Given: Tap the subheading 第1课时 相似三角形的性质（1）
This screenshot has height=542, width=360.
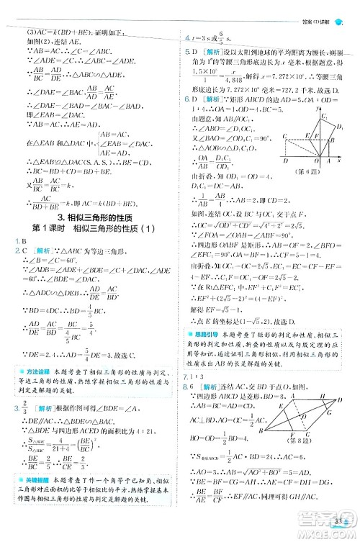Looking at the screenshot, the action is pyautogui.click(x=91, y=231).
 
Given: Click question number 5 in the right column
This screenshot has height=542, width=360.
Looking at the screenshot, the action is pyautogui.click(x=186, y=52).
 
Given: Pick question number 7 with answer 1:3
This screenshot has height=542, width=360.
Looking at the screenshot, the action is pyautogui.click(x=186, y=376).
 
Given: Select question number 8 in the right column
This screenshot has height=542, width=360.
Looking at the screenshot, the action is pyautogui.click(x=186, y=387).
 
